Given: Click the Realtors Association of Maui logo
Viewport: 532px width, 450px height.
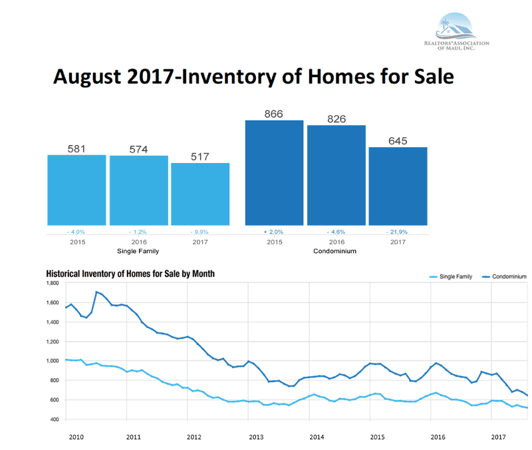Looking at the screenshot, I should pos(456,29).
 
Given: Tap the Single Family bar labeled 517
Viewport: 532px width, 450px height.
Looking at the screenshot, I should pos(200,194).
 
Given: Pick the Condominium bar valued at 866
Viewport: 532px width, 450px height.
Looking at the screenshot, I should pos(274,173).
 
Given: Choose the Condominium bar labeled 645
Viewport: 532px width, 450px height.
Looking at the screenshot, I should pos(398,186).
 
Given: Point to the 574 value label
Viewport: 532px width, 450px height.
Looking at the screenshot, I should pos(138,148).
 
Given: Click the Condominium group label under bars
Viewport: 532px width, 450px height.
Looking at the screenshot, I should pos(336,251).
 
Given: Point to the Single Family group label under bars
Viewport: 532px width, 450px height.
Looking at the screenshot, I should pos(138,251).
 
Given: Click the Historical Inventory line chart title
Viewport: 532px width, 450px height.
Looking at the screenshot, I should pos(130,274).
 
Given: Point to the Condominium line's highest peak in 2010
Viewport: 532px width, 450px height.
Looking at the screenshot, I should pos(97,292).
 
